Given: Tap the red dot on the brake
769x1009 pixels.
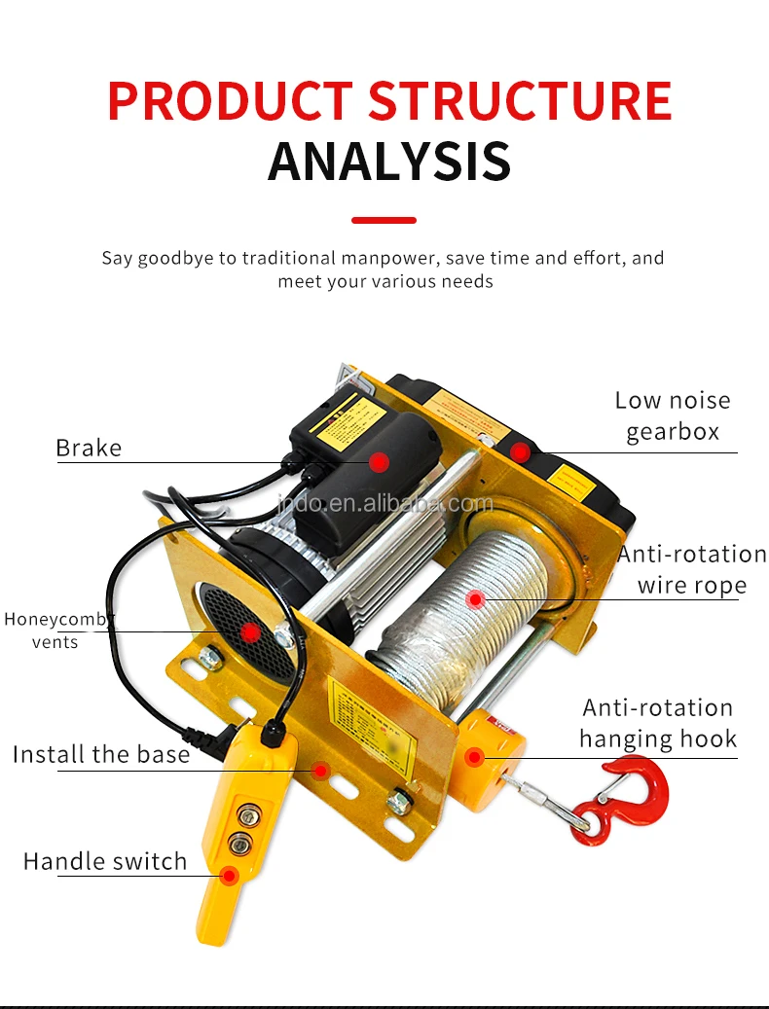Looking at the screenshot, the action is click(380, 462).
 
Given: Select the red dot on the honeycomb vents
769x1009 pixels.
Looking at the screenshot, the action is click(251, 633).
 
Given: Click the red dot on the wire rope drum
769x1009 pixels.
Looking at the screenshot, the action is click(475, 599).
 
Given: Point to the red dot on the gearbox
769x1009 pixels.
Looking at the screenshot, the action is click(522, 452).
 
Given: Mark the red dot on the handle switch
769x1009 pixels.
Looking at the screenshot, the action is click(229, 876).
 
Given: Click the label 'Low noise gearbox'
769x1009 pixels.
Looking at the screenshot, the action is click(672, 415).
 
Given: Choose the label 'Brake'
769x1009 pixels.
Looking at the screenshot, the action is click(89, 449).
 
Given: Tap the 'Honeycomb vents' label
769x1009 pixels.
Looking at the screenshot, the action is click(58, 630).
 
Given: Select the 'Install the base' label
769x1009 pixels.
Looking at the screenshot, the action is click(101, 754).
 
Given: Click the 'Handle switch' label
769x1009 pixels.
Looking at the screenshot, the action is click(105, 861).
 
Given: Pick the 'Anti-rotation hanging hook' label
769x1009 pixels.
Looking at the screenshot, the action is click(658, 723).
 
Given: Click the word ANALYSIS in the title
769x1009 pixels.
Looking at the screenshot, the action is click(389, 162).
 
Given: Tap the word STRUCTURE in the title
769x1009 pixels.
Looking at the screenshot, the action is click(521, 100).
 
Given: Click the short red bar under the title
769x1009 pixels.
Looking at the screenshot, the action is click(384, 221).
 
